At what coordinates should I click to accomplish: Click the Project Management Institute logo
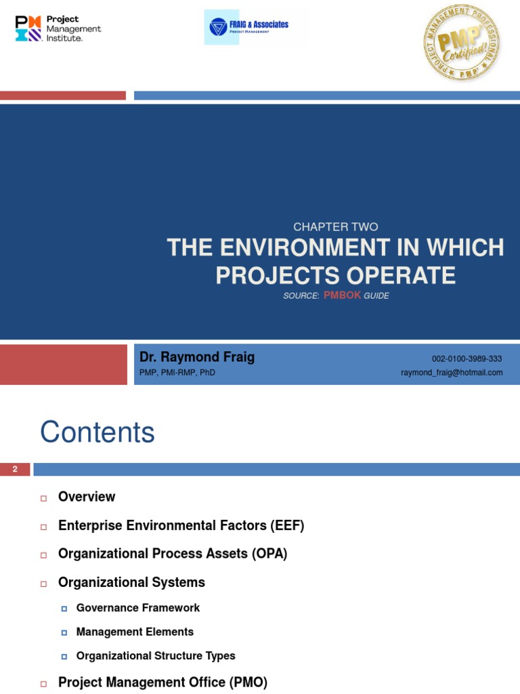click(58, 28)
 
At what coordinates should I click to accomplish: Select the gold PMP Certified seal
click(461, 42)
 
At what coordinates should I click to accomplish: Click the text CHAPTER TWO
click(336, 227)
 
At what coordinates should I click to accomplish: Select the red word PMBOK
click(342, 295)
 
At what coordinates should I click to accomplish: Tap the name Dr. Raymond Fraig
click(197, 357)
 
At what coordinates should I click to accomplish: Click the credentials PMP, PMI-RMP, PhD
click(177, 373)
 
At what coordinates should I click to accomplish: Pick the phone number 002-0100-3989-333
click(467, 359)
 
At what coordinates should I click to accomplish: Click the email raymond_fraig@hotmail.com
click(452, 373)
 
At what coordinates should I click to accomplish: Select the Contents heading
click(97, 432)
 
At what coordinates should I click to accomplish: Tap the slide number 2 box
click(15, 469)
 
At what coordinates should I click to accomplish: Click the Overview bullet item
click(87, 497)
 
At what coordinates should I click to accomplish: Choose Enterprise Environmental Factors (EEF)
click(181, 525)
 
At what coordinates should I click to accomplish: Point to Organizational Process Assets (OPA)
click(173, 554)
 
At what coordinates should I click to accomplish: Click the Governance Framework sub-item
click(138, 608)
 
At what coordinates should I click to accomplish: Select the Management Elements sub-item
click(135, 632)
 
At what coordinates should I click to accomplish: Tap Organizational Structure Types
click(156, 655)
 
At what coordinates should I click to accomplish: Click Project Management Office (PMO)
click(162, 682)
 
